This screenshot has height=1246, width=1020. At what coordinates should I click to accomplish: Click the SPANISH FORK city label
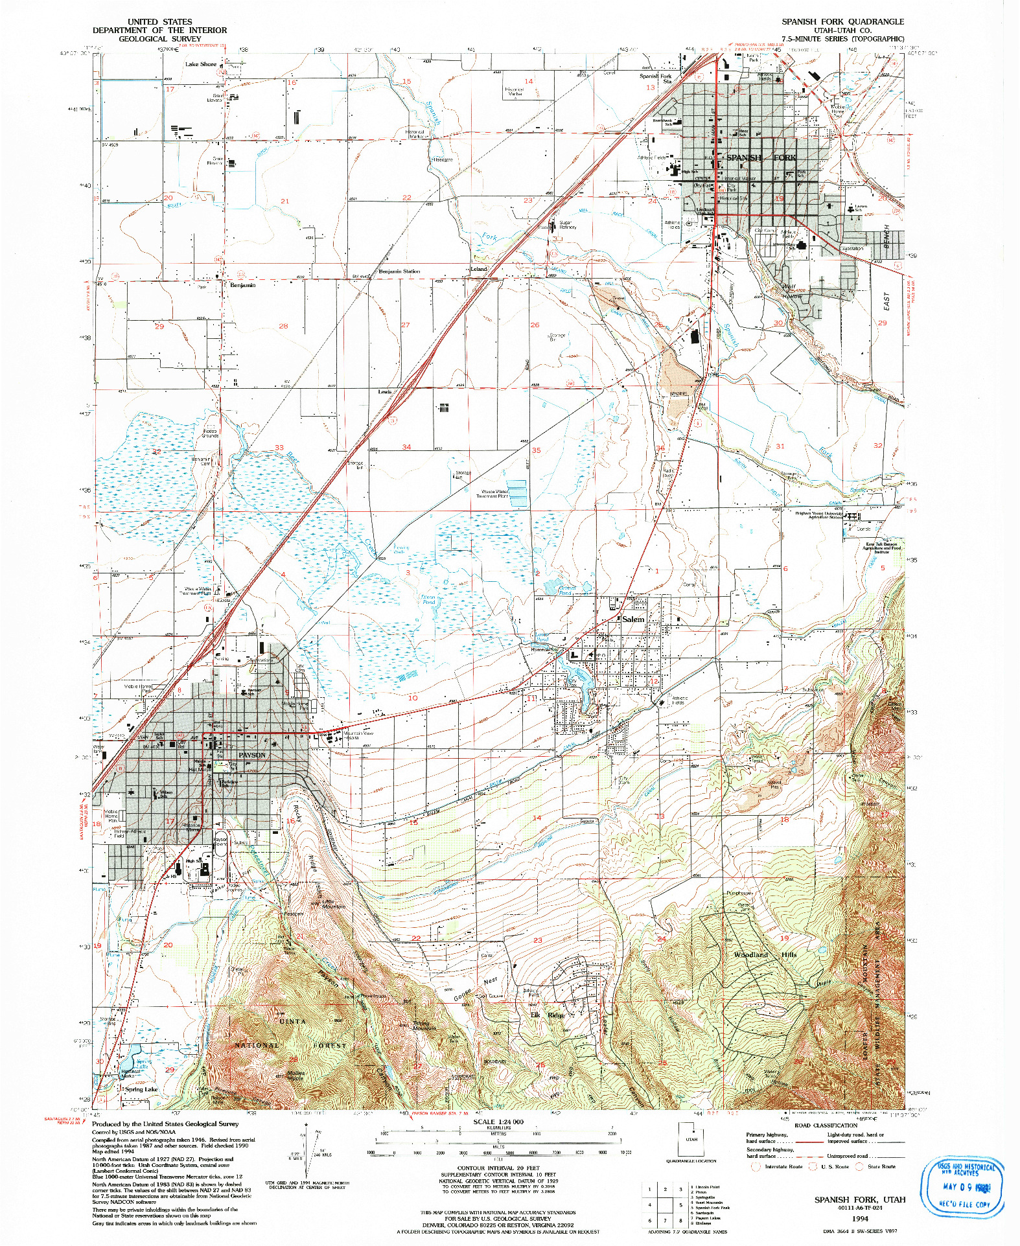click(761, 157)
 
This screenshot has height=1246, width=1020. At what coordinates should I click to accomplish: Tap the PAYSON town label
click(252, 755)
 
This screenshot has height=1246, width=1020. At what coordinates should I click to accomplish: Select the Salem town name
click(633, 619)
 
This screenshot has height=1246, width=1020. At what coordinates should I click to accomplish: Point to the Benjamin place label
click(243, 285)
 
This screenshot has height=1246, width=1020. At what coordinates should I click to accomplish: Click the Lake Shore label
click(201, 64)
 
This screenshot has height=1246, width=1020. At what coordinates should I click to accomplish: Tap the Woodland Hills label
click(765, 954)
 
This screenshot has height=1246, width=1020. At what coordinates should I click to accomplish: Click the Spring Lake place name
click(141, 1089)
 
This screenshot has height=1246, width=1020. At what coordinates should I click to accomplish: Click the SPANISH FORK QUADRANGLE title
click(842, 21)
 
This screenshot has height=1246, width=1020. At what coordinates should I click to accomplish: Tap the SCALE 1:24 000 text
click(498, 1122)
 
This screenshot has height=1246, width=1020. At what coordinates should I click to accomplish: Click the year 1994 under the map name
click(860, 1218)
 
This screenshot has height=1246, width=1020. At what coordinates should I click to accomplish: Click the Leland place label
click(478, 269)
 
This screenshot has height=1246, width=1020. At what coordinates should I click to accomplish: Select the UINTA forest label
click(292, 1021)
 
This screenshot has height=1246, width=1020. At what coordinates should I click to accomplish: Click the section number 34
click(406, 447)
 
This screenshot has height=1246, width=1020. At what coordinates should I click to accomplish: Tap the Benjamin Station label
click(399, 271)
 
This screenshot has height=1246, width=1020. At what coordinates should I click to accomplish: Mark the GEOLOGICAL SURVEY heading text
click(159, 39)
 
